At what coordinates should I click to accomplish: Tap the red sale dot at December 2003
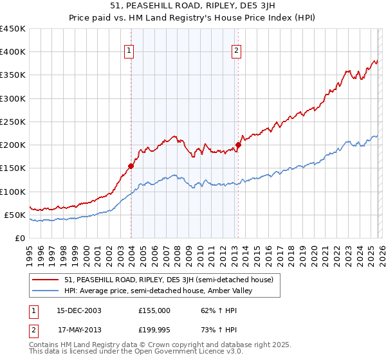[x=131, y=166]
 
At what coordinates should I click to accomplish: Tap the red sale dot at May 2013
[x=238, y=145]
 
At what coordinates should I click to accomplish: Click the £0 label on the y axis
[x=19, y=238]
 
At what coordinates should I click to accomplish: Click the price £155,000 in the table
[x=154, y=310]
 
